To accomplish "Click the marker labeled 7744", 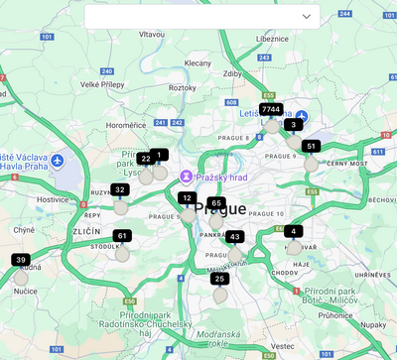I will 271,108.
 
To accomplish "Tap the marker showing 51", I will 312,146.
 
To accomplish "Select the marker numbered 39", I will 21,260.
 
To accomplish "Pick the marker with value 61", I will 121,236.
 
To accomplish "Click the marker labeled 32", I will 120,189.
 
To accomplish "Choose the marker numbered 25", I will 220,279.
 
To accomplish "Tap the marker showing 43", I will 234,237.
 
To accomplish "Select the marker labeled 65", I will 216,203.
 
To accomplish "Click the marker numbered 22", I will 146,159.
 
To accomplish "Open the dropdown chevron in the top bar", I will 307,17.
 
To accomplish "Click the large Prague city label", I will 220,208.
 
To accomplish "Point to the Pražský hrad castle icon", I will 186,176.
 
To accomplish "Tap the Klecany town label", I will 198,62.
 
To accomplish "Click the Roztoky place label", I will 183,87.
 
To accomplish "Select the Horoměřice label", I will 126,125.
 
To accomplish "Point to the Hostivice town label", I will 53,199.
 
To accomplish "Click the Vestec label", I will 282,345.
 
